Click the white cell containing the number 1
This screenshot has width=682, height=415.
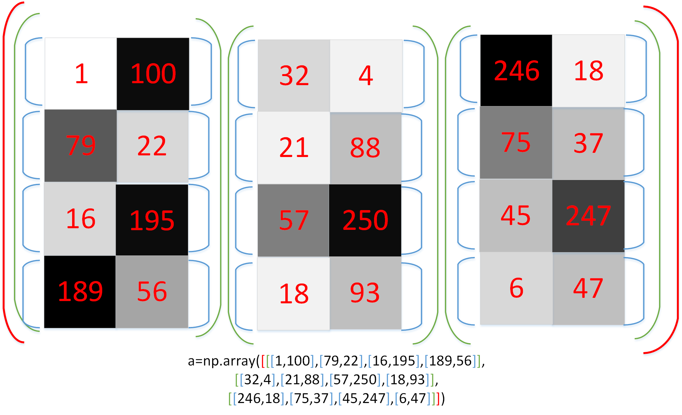[81, 73]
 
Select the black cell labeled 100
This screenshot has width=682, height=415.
[153, 73]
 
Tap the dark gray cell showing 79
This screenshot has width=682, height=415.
[81, 146]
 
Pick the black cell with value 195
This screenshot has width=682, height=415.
[152, 220]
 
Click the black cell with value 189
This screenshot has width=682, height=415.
[80, 292]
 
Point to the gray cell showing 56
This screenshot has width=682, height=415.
[152, 292]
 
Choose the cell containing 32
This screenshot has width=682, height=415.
[294, 75]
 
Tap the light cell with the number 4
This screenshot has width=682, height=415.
[366, 75]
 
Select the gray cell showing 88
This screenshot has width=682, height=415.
[365, 148]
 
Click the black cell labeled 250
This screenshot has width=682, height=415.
[365, 220]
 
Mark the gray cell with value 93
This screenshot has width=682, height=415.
[365, 293]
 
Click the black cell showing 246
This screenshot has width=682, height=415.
[516, 71]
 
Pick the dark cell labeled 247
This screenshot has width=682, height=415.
[588, 216]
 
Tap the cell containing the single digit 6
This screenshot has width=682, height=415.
[516, 288]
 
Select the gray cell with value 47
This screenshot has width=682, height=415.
[588, 288]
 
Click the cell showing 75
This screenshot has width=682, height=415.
[516, 143]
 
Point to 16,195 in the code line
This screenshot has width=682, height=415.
[393, 361]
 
